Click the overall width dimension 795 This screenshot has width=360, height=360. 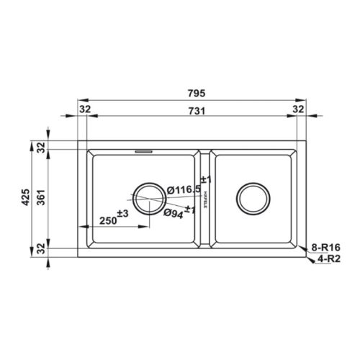[197, 93]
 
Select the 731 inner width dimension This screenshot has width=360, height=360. [197, 111]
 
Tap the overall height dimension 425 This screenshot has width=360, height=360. [26, 197]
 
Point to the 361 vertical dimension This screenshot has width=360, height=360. [41, 197]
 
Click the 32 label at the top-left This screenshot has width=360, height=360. [85, 109]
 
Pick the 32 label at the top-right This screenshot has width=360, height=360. [298, 109]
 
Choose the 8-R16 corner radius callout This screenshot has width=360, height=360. [325, 247]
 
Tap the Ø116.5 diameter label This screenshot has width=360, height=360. [184, 190]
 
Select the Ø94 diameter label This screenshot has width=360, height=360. [174, 214]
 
